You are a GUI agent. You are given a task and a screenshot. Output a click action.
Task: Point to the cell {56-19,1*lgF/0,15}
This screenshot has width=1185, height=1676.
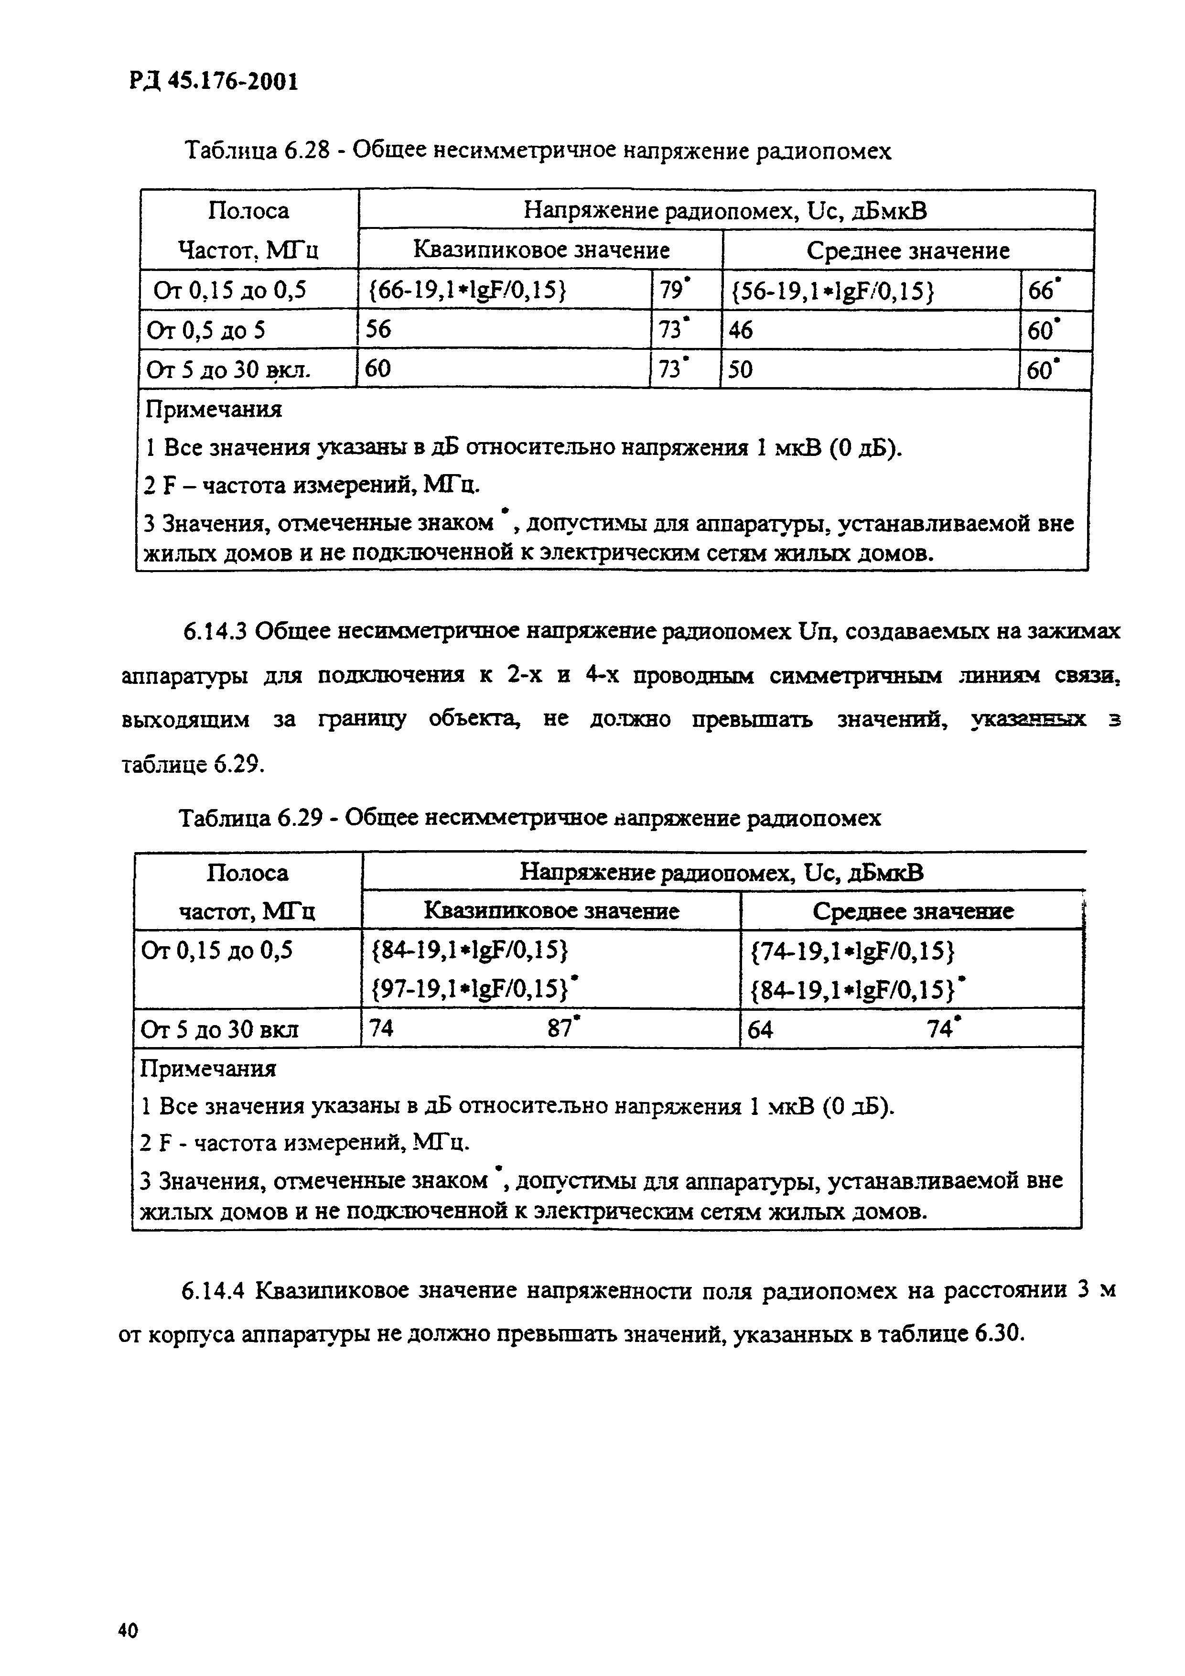tap(832, 291)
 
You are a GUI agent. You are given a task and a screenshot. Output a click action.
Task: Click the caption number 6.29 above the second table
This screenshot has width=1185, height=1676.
tap(300, 818)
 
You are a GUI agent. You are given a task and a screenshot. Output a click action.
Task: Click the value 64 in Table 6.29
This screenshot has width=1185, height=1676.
tap(760, 1029)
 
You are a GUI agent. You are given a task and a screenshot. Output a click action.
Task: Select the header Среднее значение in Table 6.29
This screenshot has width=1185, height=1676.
tap(912, 911)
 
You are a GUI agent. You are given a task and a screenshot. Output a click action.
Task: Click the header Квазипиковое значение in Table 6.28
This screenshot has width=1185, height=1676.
tap(541, 250)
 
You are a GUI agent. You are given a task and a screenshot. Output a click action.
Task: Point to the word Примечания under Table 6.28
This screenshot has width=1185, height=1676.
tap(214, 410)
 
